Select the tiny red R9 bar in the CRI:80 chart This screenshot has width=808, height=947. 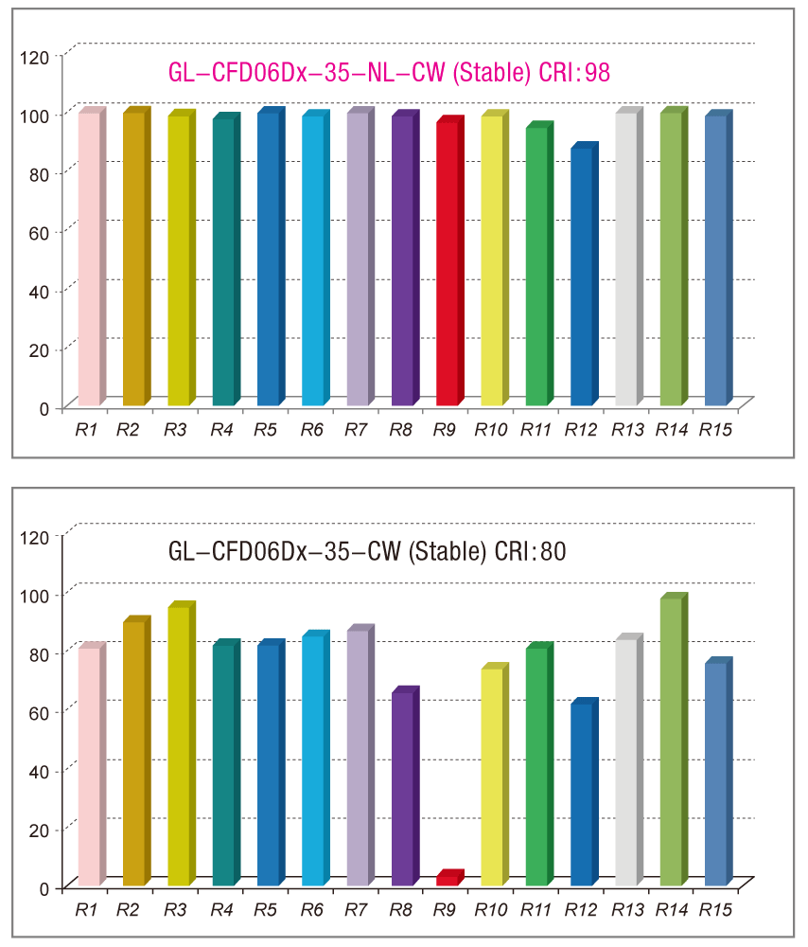point(448,880)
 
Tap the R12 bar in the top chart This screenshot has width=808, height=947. point(582,277)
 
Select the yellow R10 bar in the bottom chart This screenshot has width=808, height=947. point(492,777)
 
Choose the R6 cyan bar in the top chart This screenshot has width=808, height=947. point(313,260)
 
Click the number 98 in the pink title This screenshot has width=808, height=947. point(598,73)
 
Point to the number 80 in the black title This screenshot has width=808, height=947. point(553,552)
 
